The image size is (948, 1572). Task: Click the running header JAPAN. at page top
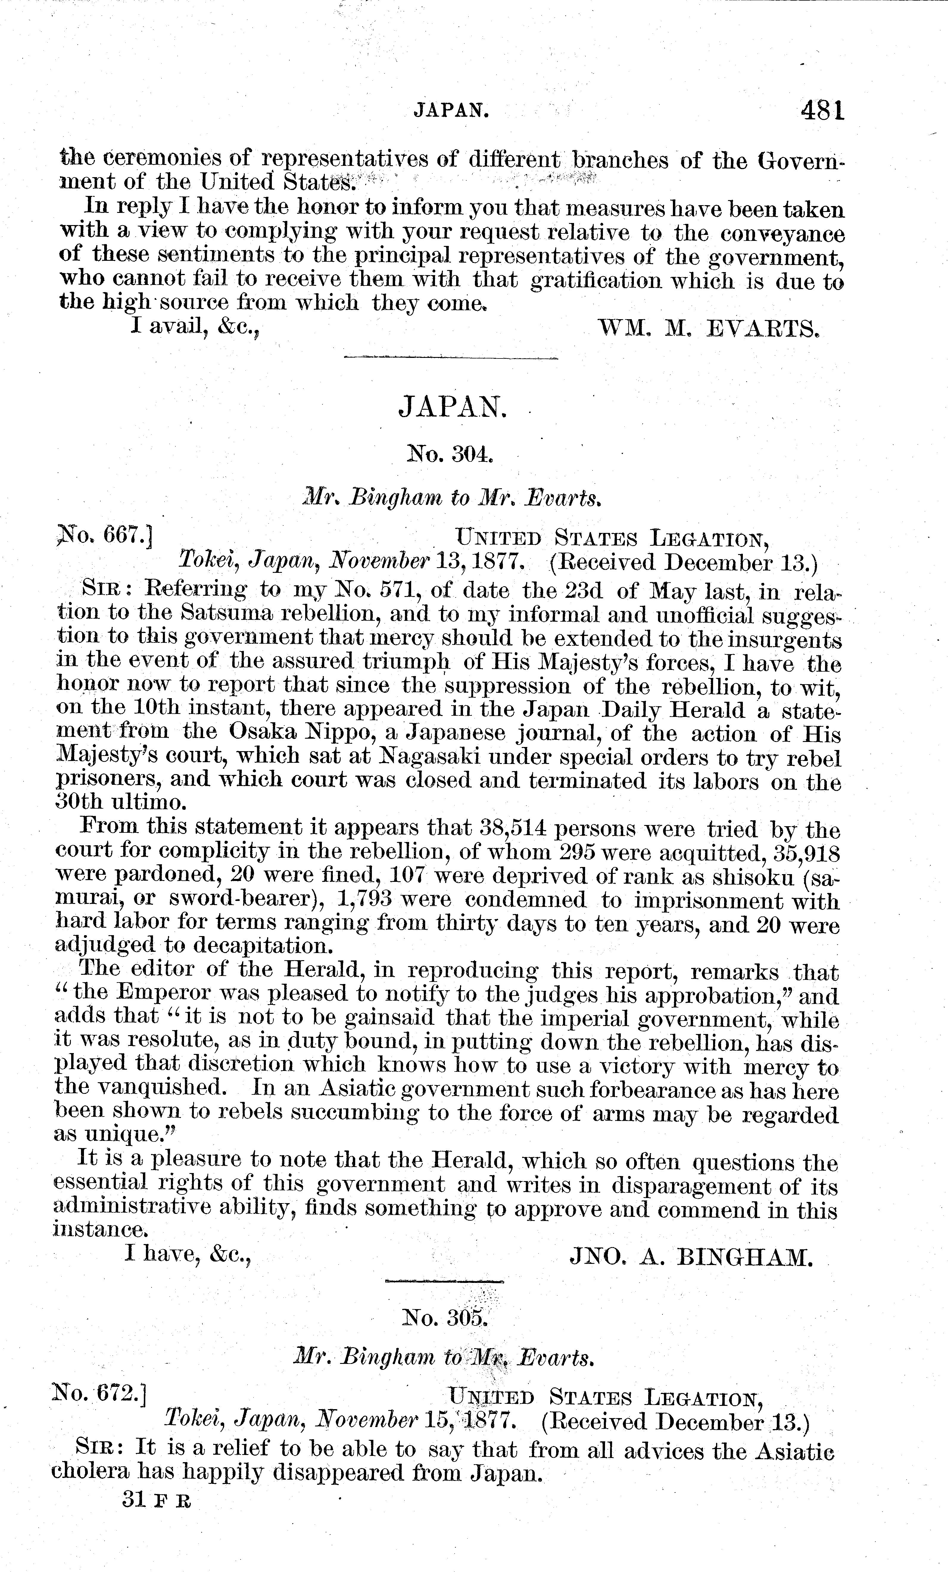[452, 112]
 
